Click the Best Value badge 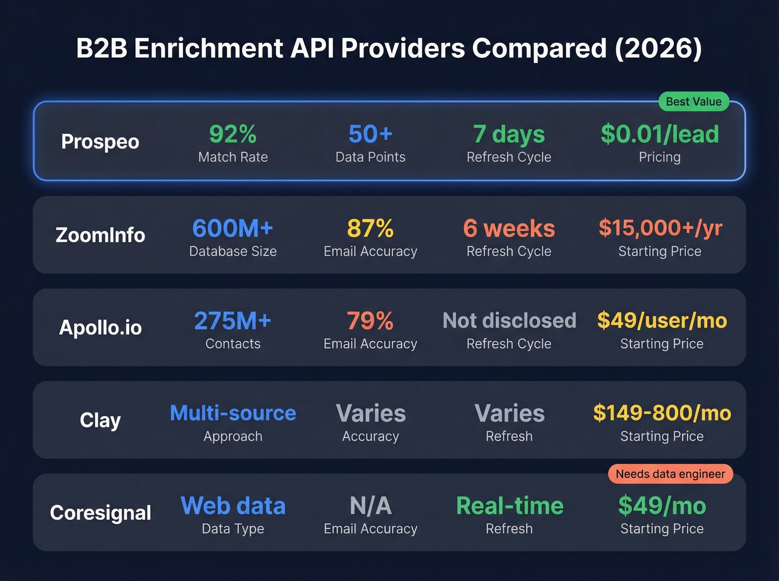coord(693,102)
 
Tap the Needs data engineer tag coord(670,474)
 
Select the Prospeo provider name coord(100,142)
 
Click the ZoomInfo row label coord(100,235)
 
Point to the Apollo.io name coord(100,327)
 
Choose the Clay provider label coord(100,420)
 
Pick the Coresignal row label coord(100,513)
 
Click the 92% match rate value coord(233,134)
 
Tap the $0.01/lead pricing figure coord(659,134)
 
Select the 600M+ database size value coord(233,228)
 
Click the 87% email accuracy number coord(370,228)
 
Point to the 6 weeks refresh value coord(509,228)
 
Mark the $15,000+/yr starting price coord(660,228)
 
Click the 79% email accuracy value coord(370,321)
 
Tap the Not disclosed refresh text coord(509,321)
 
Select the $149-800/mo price coord(662,413)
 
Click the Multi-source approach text coord(233,413)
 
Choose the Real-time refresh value coord(509,506)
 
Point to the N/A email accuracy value coord(370,506)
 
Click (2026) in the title coord(658,48)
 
